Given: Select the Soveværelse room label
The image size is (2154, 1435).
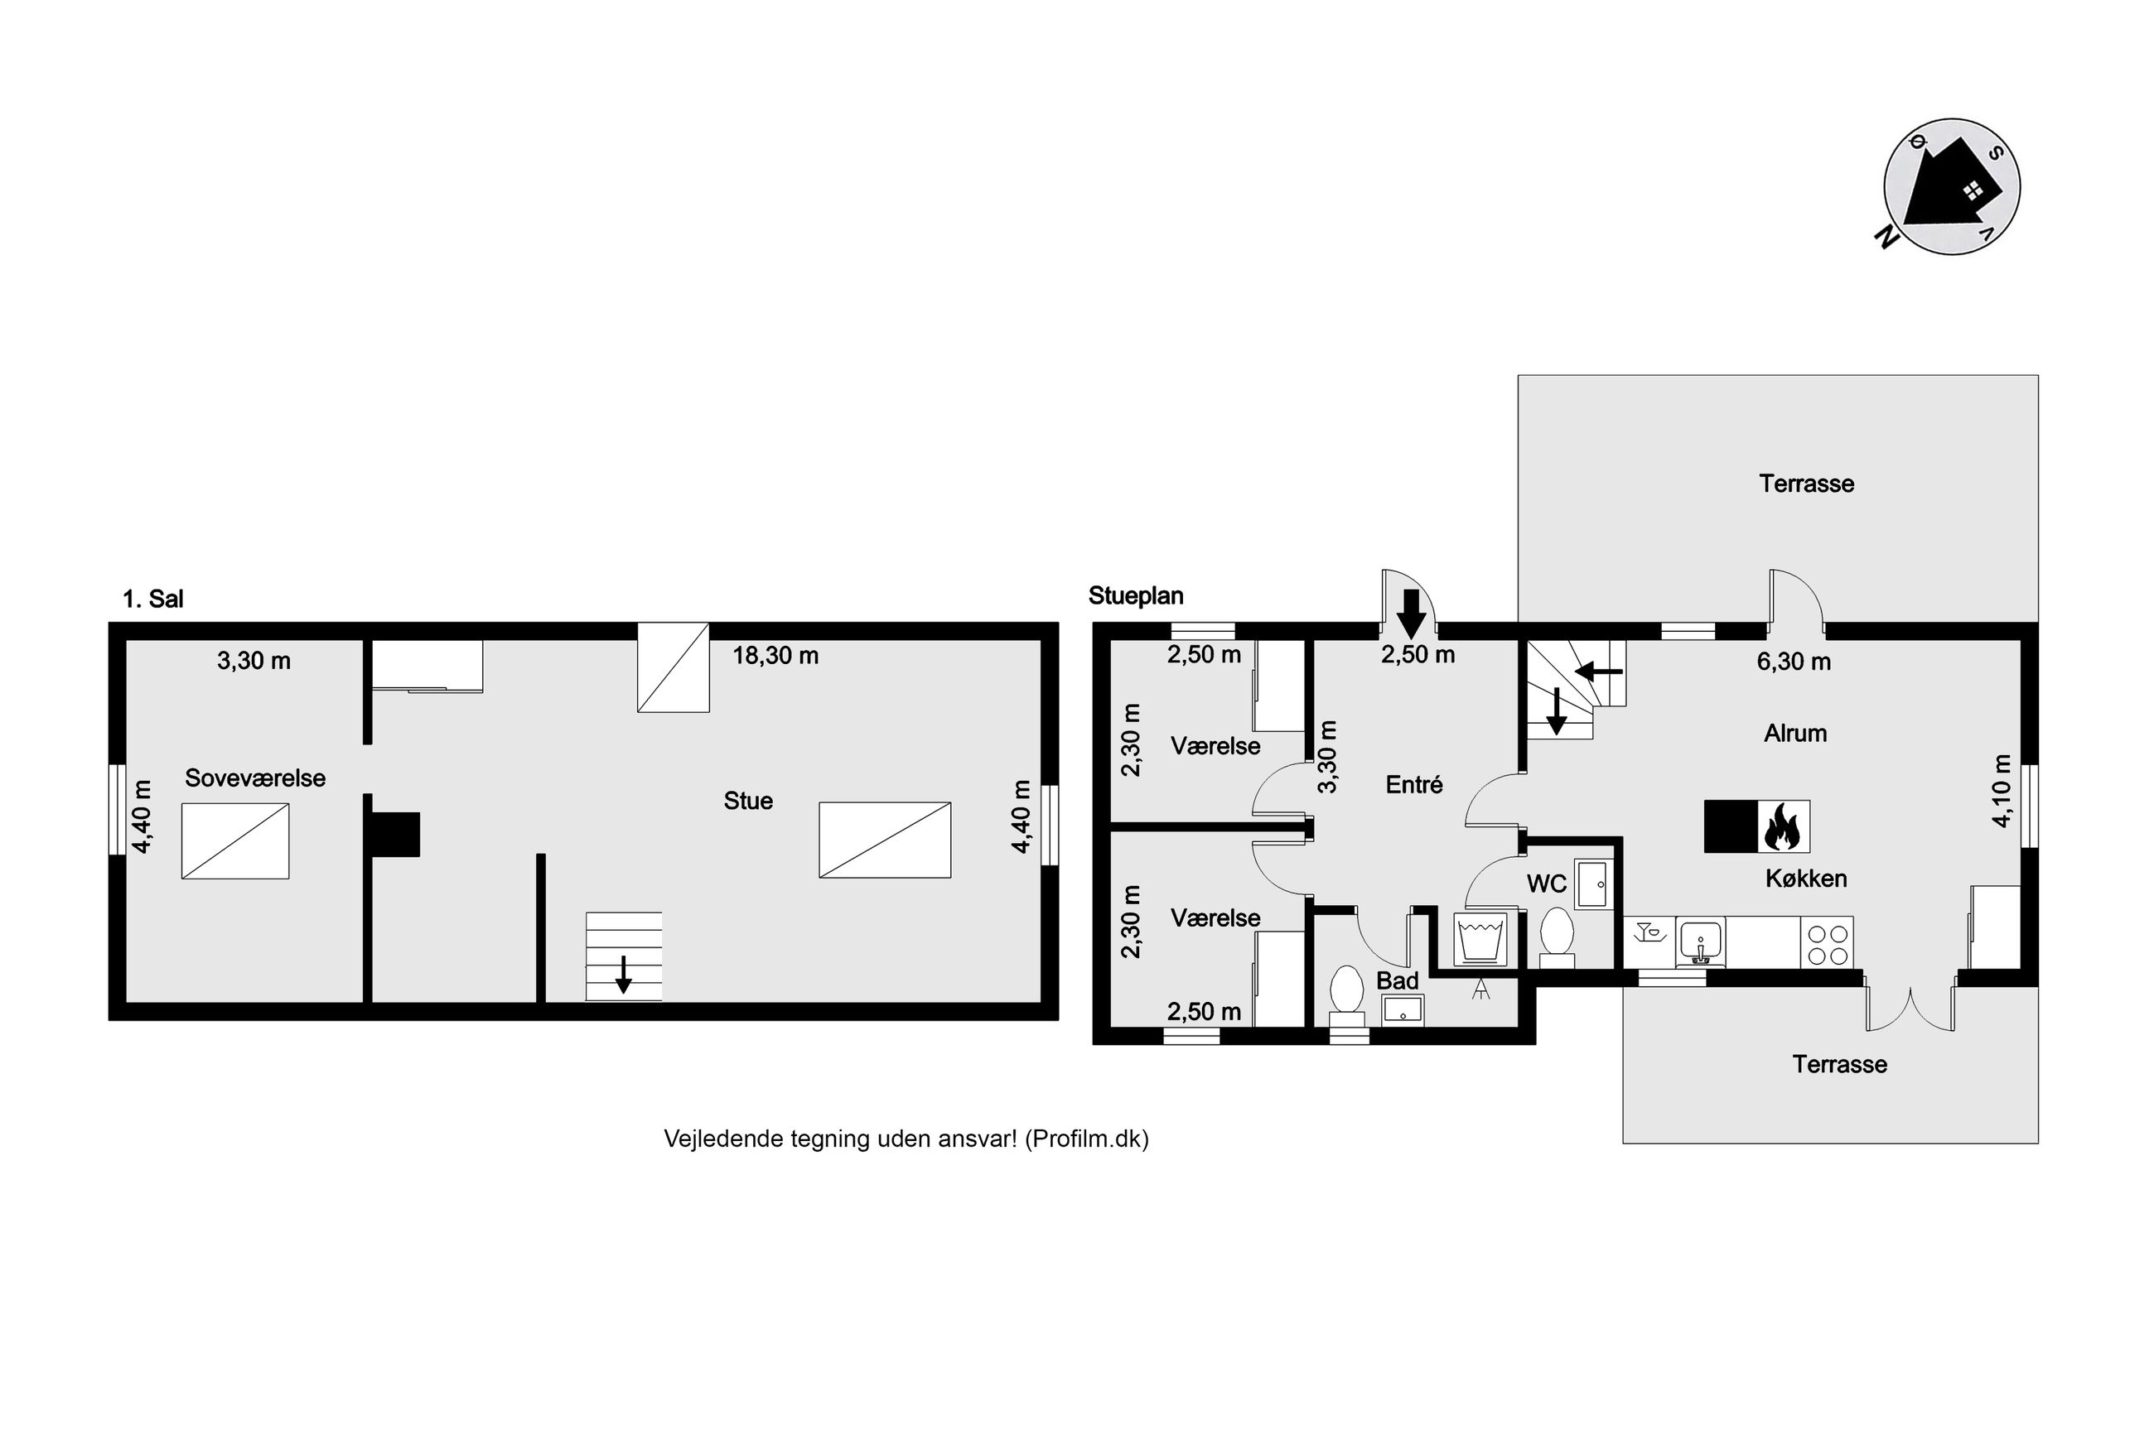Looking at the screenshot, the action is click(255, 778).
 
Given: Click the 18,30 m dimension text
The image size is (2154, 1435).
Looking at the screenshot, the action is click(775, 655).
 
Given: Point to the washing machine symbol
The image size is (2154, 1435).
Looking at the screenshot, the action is click(1480, 938).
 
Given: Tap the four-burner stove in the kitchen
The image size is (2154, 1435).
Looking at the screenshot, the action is click(1828, 942).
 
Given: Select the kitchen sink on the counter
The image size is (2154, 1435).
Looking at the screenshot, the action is click(1700, 942).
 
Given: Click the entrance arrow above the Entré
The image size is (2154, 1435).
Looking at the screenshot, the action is click(1412, 614).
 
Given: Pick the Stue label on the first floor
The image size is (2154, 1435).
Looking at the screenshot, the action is click(748, 801).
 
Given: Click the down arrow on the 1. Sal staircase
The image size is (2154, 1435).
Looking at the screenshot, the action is click(623, 974).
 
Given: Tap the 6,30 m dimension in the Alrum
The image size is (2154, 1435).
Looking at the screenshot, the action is click(1794, 662).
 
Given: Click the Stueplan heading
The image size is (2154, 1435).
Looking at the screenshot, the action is click(1136, 596).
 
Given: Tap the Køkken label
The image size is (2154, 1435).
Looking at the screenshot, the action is click(1806, 879).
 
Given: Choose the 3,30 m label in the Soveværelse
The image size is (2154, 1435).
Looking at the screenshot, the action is click(254, 661).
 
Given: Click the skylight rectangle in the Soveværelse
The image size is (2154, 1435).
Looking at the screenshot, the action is click(235, 841).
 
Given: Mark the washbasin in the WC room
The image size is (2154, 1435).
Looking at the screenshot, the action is click(1594, 884).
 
